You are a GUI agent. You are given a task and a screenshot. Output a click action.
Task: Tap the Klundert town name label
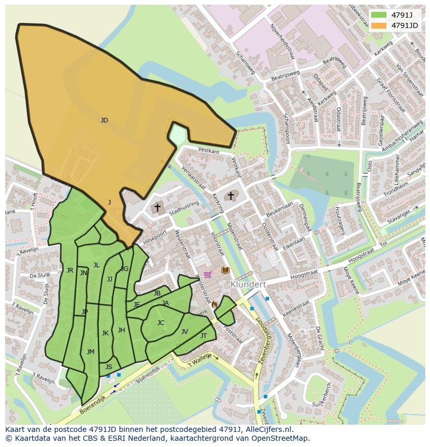point(248,285)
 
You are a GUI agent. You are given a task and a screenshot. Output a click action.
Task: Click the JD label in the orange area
point(104,120)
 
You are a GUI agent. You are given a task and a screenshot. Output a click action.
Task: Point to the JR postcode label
point(70,270)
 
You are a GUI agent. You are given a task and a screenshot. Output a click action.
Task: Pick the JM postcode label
point(90,351)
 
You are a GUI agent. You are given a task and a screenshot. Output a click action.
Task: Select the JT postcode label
point(204,336)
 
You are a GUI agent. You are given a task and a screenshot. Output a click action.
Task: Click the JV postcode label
point(184,332)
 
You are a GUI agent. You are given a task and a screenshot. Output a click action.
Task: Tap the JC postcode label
point(160,323)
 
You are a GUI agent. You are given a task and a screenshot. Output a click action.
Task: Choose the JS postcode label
point(109,367)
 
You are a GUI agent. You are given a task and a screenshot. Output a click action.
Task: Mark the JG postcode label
point(125,268)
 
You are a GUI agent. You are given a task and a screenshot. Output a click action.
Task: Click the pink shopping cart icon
point(208,274)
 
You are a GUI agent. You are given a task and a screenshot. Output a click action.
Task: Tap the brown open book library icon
point(225,270)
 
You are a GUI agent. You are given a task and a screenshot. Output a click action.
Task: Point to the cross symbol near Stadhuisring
point(157,207)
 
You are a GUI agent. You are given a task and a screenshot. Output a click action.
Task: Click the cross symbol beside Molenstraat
point(231,196)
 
